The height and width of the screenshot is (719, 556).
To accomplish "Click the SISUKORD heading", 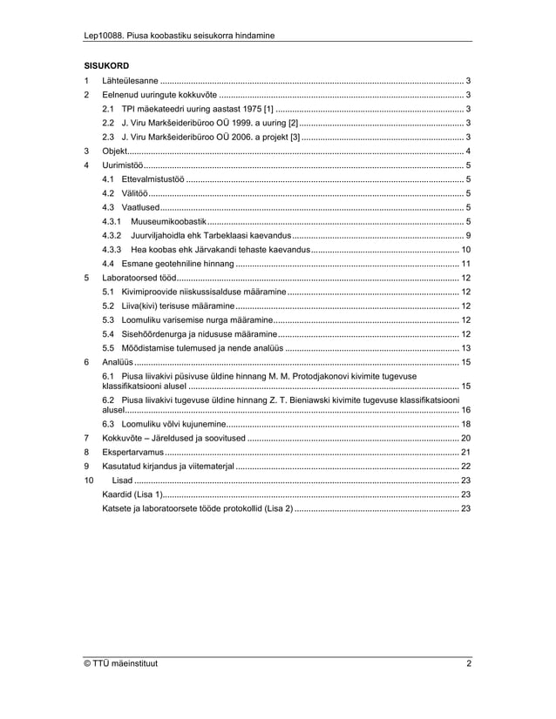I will [106, 65].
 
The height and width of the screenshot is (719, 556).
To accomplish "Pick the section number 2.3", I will [108, 137].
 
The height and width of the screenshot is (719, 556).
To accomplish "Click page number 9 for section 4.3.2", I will [469, 235].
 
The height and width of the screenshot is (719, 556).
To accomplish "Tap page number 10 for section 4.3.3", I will [466, 249].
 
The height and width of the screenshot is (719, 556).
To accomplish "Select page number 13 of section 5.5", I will [466, 347].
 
